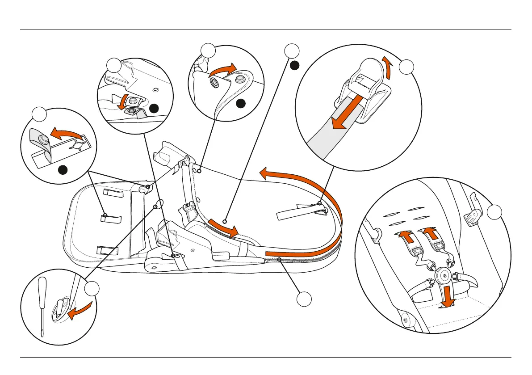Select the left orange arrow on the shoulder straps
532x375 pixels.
coord(404,236)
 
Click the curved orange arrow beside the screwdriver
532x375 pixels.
coord(83,310)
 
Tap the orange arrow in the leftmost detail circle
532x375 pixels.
coord(67,133)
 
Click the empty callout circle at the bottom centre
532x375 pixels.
coord(304,299)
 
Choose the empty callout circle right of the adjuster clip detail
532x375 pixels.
coord(406,67)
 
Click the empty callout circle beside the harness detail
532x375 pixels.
coord(494,212)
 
